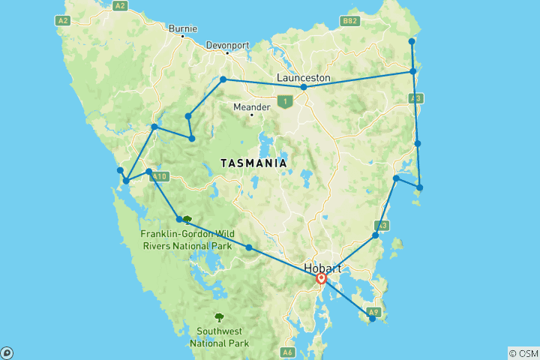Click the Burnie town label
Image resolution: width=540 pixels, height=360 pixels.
pyautogui.click(x=183, y=28)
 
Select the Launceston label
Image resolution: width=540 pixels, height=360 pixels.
pyautogui.click(x=303, y=77)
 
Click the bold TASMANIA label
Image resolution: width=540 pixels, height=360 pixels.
pyautogui.click(x=253, y=163)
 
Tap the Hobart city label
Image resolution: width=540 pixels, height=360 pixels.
pyautogui.click(x=324, y=268)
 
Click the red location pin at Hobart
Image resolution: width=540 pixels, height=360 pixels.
pyautogui.click(x=322, y=279)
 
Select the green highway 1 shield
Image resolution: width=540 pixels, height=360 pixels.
pyautogui.click(x=284, y=100)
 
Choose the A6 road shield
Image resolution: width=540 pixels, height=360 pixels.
pyautogui.click(x=287, y=352)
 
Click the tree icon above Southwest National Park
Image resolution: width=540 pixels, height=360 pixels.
pyautogui.click(x=219, y=317)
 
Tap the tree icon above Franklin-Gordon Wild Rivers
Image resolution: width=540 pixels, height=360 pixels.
pyautogui.click(x=187, y=220)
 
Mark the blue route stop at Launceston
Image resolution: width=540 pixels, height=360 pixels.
pyautogui.click(x=304, y=88)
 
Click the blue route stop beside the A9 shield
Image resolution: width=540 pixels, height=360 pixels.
pyautogui.click(x=373, y=319)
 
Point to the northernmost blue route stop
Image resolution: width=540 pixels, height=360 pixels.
pyautogui.click(x=412, y=41)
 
